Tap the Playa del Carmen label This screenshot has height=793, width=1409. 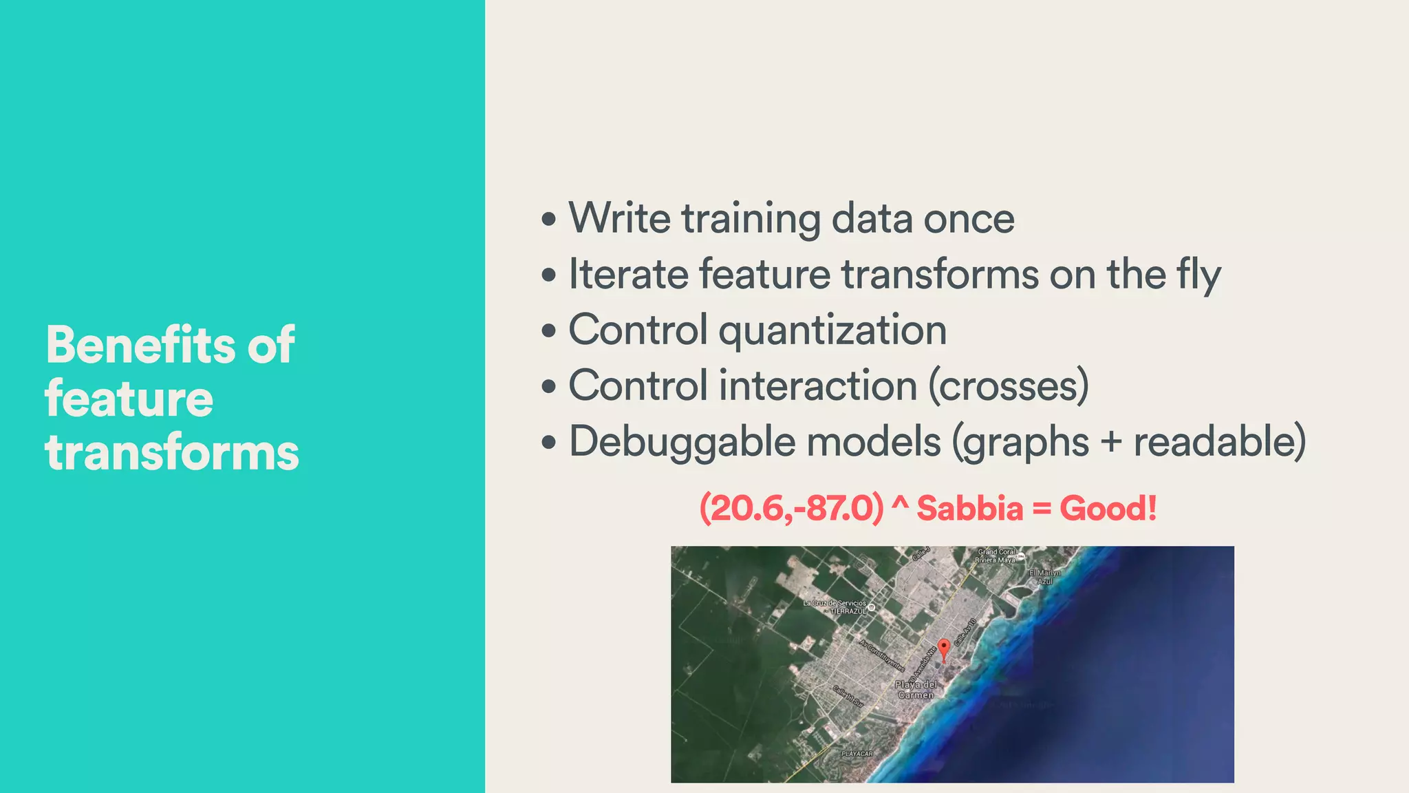coord(916,690)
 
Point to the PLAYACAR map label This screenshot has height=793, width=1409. coord(857,754)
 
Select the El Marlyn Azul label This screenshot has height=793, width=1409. coord(1044,577)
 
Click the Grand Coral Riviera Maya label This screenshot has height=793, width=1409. coord(996,556)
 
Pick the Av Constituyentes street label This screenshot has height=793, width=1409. coord(881,654)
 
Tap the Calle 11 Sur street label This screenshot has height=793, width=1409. coord(848,696)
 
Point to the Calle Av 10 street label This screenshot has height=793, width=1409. coord(965,631)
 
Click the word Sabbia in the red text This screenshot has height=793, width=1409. coord(970,509)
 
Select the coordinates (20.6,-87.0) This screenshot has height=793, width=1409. coord(791,509)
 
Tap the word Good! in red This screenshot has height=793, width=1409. coord(1108,509)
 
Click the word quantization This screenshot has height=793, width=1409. coord(832,330)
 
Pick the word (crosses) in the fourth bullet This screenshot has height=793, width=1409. coord(1009,385)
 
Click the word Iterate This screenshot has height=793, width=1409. coord(628,274)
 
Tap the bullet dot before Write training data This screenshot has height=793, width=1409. coord(548,220)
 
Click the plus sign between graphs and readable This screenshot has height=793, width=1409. coord(1111,443)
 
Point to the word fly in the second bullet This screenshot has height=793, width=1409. coord(1198,275)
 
